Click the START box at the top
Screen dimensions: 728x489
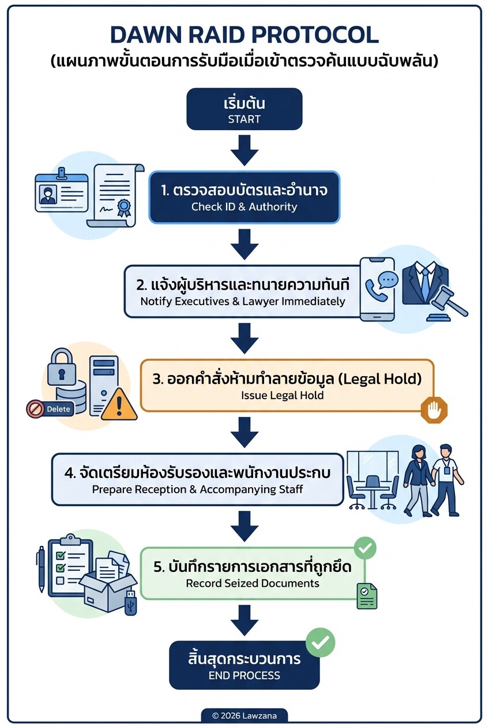(x=244, y=109)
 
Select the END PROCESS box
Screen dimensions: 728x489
(x=244, y=665)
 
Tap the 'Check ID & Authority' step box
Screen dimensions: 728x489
(x=244, y=197)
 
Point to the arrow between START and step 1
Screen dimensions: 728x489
(x=244, y=150)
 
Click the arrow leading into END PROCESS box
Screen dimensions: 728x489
(x=244, y=621)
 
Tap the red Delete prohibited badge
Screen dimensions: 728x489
(x=50, y=409)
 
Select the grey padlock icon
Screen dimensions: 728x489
(x=61, y=367)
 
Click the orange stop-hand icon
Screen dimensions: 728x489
(x=434, y=409)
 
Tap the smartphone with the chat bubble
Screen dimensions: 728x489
(x=377, y=288)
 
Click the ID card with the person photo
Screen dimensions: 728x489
(x=60, y=192)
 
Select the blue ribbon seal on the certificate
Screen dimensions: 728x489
(x=123, y=207)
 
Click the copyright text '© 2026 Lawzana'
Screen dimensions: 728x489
(x=244, y=715)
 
